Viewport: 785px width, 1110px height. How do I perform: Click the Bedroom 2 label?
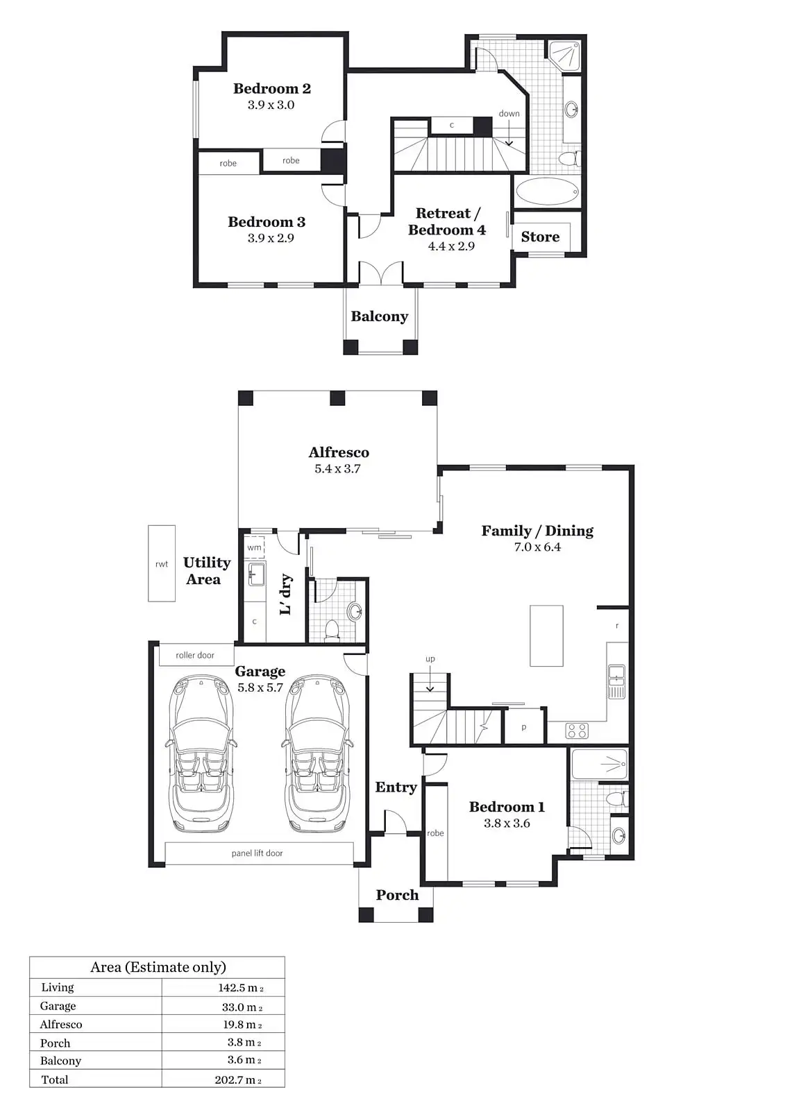[272, 89]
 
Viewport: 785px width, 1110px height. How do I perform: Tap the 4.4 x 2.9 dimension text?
[451, 246]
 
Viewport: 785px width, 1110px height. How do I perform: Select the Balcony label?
[380, 316]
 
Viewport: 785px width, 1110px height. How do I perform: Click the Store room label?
[540, 237]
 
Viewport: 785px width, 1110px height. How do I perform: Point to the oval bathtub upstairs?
[547, 191]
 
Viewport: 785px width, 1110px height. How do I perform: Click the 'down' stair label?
[509, 114]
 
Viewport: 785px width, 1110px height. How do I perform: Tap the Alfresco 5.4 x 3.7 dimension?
[338, 469]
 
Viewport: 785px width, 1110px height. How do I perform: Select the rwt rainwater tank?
[162, 563]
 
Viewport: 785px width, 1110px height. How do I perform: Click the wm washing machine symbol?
[255, 547]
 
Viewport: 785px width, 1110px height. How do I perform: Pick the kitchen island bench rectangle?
[546, 635]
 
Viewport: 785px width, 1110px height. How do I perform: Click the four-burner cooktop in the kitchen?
[577, 731]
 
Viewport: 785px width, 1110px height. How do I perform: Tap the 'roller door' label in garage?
[195, 655]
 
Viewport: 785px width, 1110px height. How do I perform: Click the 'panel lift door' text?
[257, 853]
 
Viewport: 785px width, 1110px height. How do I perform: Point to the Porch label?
[397, 895]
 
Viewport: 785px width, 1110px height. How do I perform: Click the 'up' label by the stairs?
[430, 659]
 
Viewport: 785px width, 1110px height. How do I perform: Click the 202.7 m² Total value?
[238, 1079]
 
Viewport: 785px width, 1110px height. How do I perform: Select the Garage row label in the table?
[58, 1006]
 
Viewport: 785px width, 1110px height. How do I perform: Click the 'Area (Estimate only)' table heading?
[158, 967]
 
